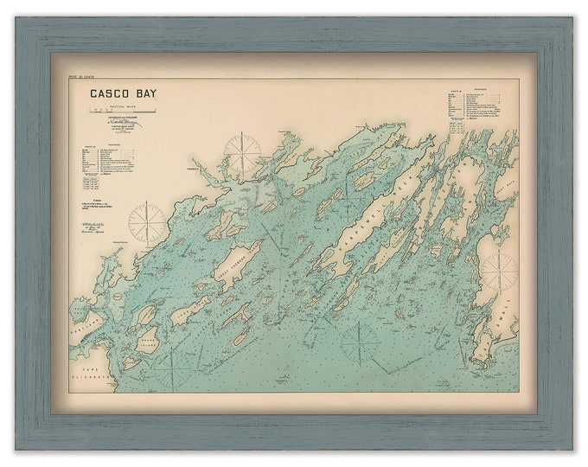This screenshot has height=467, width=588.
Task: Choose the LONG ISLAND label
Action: pyautogui.click(x=191, y=309)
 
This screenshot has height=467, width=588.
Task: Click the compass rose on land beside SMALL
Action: pyautogui.click(x=499, y=271)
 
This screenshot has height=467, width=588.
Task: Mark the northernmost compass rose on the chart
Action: pyautogui.click(x=242, y=152)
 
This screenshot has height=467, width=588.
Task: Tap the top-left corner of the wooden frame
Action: pyautogui.click(x=19, y=20)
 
